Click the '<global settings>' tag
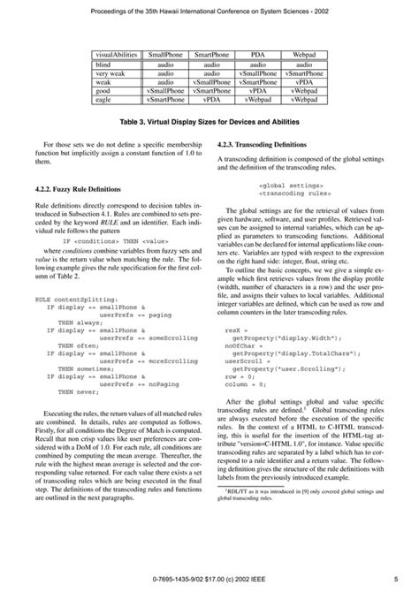point(291,186)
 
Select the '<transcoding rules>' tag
point(295,194)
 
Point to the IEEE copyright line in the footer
point(209,579)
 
